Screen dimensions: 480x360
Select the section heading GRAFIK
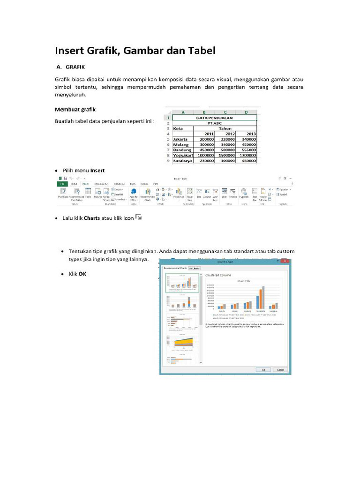tap(75, 67)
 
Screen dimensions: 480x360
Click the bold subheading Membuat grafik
tap(75, 109)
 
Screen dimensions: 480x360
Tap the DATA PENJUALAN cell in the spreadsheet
tap(214, 118)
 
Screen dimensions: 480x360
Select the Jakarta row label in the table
tap(180, 139)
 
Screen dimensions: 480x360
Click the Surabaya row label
tap(182, 160)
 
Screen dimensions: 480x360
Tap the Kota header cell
tap(178, 128)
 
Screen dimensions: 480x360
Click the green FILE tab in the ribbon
tap(61, 184)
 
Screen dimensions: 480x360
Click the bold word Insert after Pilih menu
tap(97, 170)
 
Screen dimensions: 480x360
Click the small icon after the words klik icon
tap(138, 217)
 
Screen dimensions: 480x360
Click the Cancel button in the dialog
tap(280, 369)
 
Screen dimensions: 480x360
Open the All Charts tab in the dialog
tap(194, 268)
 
